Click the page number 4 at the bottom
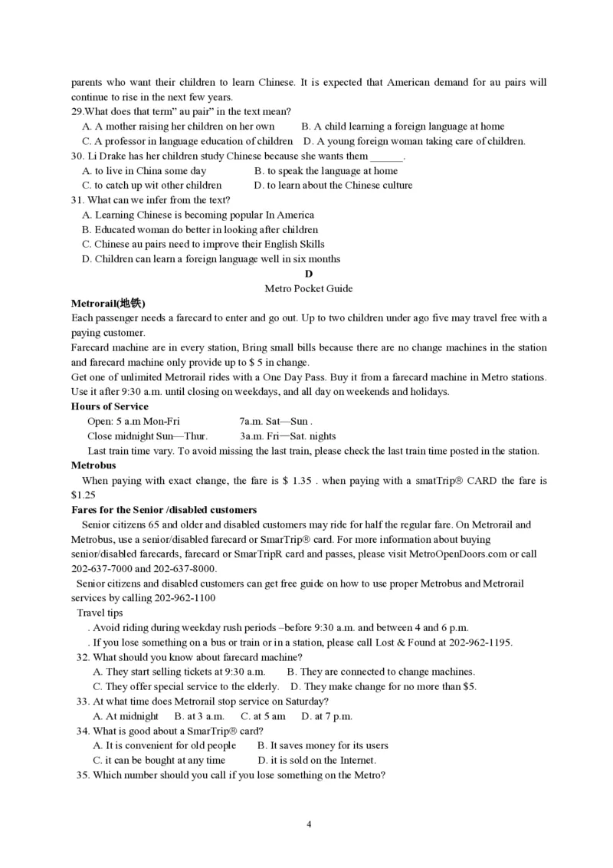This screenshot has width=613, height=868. (x=309, y=825)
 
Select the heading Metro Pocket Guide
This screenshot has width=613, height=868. (x=308, y=288)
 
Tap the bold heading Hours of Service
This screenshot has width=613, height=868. (x=110, y=406)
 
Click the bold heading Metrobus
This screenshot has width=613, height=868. (x=93, y=465)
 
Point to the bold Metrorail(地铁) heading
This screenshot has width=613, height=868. (x=108, y=303)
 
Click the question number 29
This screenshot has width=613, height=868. (x=77, y=112)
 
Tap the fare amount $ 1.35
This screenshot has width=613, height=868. (x=297, y=481)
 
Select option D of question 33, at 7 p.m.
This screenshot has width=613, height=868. (x=327, y=716)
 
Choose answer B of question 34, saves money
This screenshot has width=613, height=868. (x=323, y=745)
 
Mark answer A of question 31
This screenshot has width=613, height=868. (x=198, y=215)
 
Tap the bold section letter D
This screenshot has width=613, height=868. (x=309, y=274)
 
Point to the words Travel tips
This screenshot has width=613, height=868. (x=100, y=613)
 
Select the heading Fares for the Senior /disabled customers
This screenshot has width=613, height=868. (x=164, y=510)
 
